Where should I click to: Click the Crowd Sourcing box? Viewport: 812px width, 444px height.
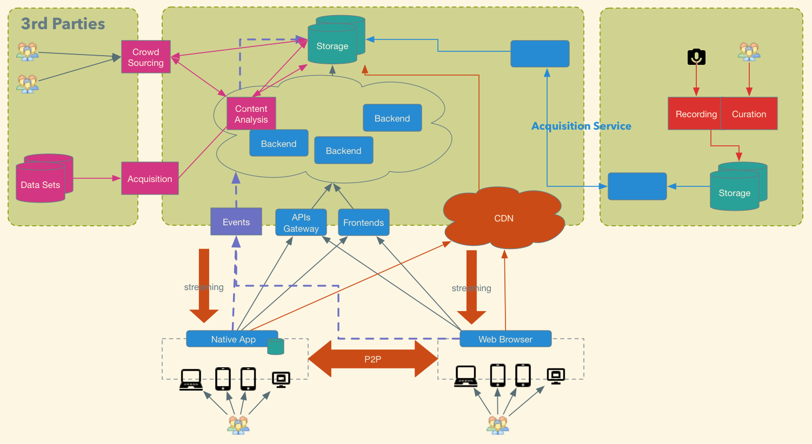click(x=146, y=57)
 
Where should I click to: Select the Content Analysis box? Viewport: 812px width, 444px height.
click(x=251, y=113)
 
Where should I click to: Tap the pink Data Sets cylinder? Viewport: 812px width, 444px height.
click(x=44, y=178)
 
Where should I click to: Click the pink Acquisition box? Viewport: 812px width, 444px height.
click(x=150, y=178)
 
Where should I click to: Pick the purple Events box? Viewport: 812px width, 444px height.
click(x=236, y=221)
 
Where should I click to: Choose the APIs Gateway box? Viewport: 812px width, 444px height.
click(x=301, y=223)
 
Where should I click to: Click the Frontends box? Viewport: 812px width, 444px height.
click(x=364, y=223)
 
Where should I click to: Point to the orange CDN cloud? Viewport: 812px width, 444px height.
click(x=503, y=218)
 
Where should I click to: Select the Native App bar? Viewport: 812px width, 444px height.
click(x=232, y=339)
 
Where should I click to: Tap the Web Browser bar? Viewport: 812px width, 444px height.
click(x=505, y=339)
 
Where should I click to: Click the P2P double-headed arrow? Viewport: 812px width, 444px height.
click(x=372, y=359)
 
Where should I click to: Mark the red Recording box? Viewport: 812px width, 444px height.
click(x=695, y=113)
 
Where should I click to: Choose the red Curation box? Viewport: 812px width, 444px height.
click(x=749, y=113)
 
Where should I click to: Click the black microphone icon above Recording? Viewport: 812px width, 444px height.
click(x=696, y=57)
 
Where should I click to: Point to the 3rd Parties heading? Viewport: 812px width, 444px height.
click(x=63, y=24)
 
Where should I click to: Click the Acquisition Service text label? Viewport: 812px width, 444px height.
click(x=581, y=126)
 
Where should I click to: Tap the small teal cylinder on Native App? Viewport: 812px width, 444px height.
click(x=276, y=346)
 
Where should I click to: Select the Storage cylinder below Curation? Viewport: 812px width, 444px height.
click(x=738, y=186)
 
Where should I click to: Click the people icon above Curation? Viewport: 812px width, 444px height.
click(x=749, y=51)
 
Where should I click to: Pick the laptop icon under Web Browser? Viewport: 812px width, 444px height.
click(x=465, y=376)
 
